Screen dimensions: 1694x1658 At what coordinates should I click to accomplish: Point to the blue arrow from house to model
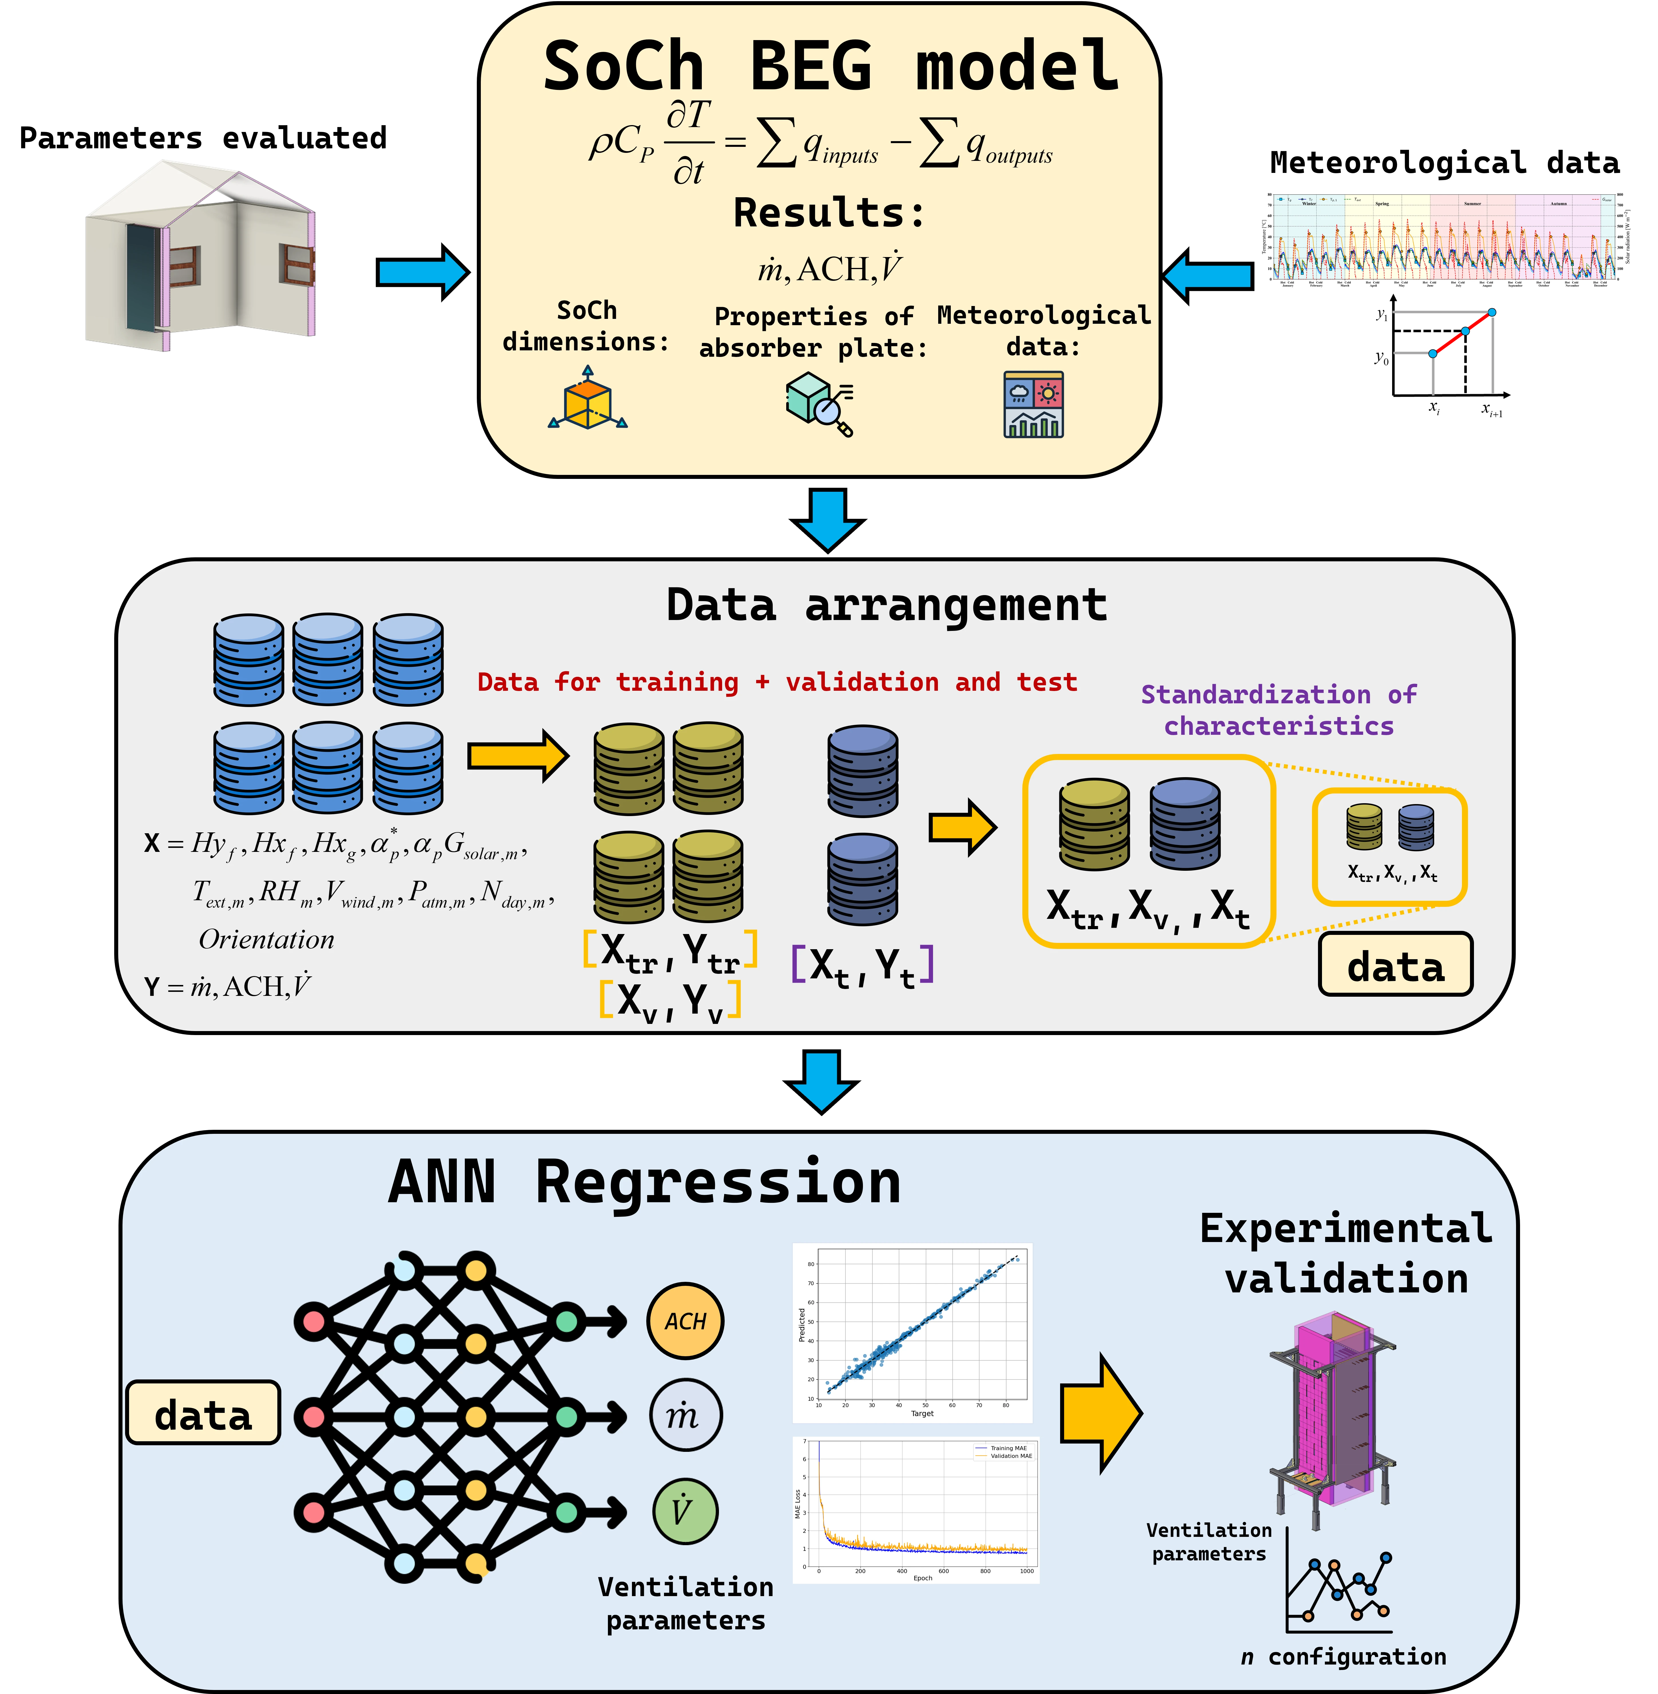coord(422,273)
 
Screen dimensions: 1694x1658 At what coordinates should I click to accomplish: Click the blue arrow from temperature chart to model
coord(1208,275)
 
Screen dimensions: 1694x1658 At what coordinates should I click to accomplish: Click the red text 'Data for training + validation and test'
coord(777,682)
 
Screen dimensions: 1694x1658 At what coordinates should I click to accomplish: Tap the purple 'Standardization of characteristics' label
coord(1278,710)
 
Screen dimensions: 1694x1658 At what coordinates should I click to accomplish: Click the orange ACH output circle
coord(685,1321)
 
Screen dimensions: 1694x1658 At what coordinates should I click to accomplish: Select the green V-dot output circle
coord(685,1511)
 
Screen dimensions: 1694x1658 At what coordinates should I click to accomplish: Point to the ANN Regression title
coord(644,1183)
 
